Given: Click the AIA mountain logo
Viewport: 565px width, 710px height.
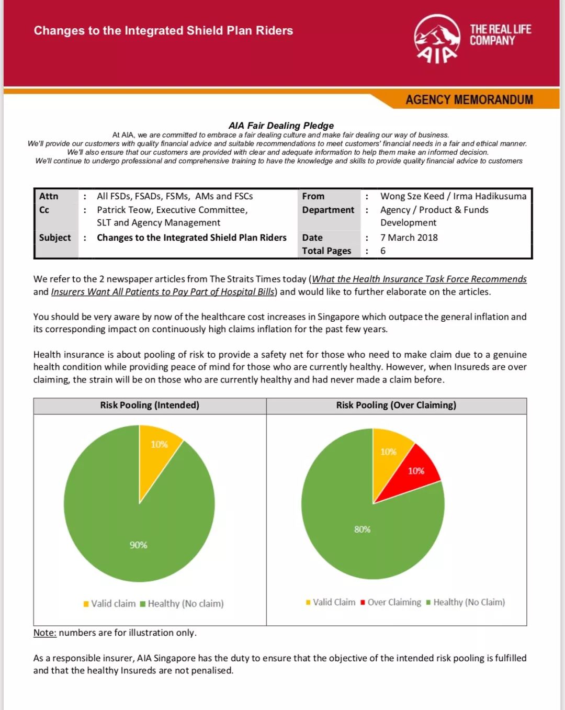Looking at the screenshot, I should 437,39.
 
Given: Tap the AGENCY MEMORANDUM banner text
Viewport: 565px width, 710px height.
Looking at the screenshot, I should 469,99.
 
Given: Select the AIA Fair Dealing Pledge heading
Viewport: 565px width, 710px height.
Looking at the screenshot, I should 281,126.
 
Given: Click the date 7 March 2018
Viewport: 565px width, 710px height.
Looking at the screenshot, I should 409,238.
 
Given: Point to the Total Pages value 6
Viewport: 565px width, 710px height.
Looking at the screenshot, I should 383,251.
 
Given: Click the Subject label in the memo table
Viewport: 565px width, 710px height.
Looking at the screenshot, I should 54,238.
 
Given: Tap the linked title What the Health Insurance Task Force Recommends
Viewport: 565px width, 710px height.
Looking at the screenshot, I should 419,279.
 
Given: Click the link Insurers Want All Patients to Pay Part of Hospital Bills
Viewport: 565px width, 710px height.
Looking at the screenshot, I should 163,291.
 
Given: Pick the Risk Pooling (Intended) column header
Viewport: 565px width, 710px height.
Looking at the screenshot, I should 150,405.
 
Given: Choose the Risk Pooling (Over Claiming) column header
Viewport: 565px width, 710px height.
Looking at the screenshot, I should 396,405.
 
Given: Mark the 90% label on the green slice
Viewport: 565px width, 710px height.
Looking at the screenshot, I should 139,545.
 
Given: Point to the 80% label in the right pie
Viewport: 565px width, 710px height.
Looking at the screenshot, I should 362,529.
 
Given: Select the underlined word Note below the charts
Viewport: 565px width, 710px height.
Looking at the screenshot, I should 44,633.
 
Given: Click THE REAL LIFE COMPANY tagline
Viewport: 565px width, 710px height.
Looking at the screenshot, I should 500,35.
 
